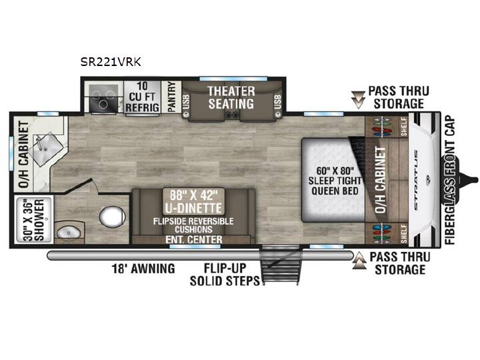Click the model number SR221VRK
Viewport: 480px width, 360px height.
(x=111, y=62)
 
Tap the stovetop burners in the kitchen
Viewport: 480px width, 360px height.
(x=103, y=97)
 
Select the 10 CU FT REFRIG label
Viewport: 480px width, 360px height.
(x=143, y=97)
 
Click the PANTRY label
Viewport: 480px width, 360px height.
(x=172, y=97)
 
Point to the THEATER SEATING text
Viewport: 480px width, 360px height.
(x=231, y=97)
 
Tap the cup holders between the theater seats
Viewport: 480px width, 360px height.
(x=231, y=115)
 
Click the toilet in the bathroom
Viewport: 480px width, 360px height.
(x=112, y=217)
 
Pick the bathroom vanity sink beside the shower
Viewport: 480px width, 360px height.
(x=69, y=233)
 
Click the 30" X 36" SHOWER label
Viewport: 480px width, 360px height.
(x=34, y=221)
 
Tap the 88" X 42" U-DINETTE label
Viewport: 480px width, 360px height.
(x=193, y=201)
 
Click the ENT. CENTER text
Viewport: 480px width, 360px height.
(x=194, y=239)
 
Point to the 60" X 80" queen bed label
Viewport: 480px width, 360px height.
(x=335, y=181)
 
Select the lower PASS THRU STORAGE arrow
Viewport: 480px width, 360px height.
(x=359, y=261)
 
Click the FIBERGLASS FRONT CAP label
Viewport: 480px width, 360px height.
(x=450, y=180)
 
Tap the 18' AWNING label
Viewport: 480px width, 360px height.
(x=143, y=269)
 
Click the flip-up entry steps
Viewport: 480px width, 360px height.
(x=279, y=265)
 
